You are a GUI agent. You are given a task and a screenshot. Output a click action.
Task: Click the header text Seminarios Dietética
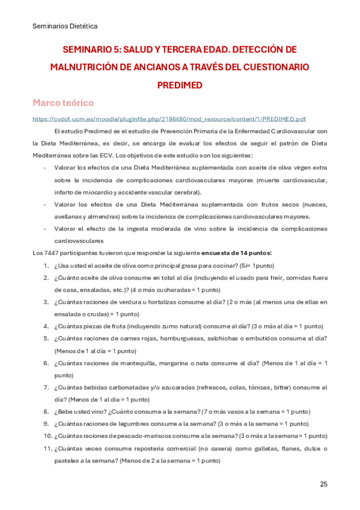click(x=65, y=26)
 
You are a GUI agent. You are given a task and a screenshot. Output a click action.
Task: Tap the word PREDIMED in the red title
click(x=179, y=84)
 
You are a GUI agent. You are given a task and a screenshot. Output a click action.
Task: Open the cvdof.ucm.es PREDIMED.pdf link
click(x=178, y=119)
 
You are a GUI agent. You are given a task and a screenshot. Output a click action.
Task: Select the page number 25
click(x=323, y=484)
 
